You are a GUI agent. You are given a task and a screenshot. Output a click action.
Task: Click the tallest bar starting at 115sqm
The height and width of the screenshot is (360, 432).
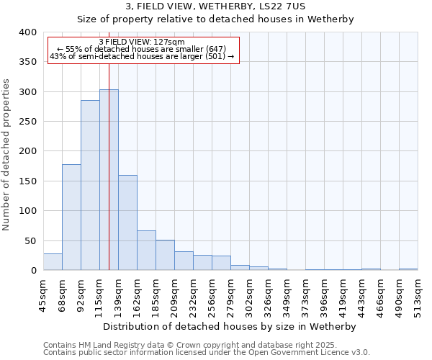click(109, 180)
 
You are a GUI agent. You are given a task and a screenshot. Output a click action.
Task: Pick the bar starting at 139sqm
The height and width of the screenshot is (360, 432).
click(127, 222)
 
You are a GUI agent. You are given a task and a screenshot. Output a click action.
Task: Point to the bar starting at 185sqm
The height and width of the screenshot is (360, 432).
click(165, 255)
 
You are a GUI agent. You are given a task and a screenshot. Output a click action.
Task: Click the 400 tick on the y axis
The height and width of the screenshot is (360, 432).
click(27, 32)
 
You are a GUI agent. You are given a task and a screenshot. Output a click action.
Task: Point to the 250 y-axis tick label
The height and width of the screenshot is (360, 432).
click(27, 122)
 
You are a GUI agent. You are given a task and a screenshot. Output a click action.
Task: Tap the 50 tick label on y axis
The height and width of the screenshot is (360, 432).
click(30, 241)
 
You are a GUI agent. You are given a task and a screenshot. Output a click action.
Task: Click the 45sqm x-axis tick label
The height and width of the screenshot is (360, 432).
click(43, 295)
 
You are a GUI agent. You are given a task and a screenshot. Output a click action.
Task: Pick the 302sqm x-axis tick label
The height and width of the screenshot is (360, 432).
click(249, 295)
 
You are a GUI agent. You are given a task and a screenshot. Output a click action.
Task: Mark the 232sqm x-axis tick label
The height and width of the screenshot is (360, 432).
click(193, 295)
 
